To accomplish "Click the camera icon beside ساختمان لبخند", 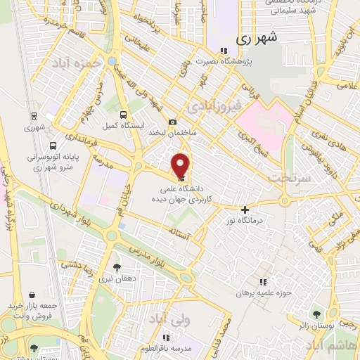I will click(x=173, y=122).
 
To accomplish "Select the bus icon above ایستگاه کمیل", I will click(x=124, y=114).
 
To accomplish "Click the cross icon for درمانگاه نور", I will click(x=245, y=210).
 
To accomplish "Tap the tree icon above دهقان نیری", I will click(x=117, y=267).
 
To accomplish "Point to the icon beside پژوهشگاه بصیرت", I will click(x=223, y=51).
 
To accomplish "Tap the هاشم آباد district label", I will click(x=328, y=346).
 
